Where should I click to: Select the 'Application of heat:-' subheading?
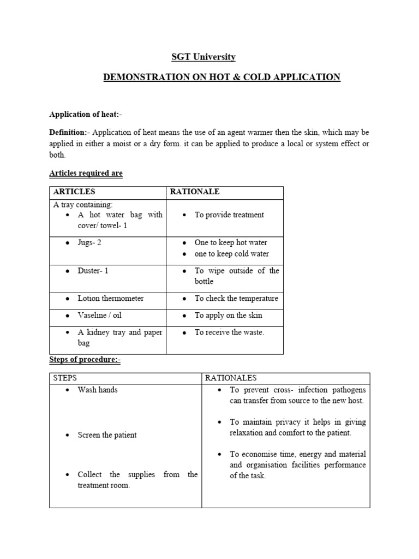click(86, 114)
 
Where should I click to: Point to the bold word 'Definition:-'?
click(68, 133)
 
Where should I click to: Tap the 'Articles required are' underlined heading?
click(86, 173)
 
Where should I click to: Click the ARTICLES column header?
click(74, 192)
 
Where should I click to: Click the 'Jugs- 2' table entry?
click(89, 242)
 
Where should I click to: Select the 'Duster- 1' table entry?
click(93, 271)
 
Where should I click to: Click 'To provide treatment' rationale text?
click(229, 215)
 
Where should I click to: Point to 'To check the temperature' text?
click(236, 299)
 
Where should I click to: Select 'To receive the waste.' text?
click(229, 332)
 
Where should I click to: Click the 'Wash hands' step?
click(98, 390)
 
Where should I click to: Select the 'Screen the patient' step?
click(107, 435)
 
